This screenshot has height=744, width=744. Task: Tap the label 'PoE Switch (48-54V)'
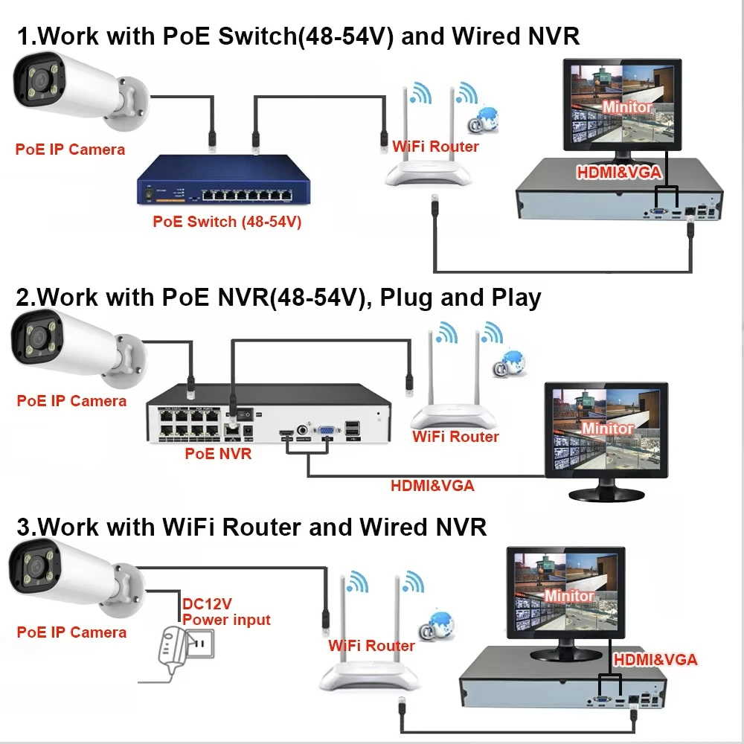pyautogui.click(x=227, y=221)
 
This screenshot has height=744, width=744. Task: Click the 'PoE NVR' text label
pyautogui.click(x=218, y=453)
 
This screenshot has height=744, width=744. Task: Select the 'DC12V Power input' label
pyautogui.click(x=226, y=611)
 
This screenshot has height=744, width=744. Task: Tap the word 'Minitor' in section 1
pyautogui.click(x=627, y=107)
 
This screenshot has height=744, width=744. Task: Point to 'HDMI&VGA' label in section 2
pyautogui.click(x=432, y=487)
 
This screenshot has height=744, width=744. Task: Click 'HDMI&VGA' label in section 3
pyautogui.click(x=655, y=659)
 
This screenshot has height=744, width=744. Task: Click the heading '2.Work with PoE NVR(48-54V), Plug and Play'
pyautogui.click(x=278, y=298)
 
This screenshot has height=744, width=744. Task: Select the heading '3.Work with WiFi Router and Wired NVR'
pyautogui.click(x=251, y=527)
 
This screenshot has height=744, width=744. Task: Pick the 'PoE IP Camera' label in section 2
pyautogui.click(x=71, y=401)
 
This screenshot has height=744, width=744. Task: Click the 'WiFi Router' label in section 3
pyautogui.click(x=371, y=645)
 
